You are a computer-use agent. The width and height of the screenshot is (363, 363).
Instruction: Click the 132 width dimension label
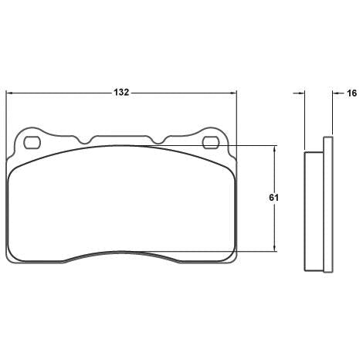(121, 93)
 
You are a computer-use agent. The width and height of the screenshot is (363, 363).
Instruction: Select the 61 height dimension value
(273, 198)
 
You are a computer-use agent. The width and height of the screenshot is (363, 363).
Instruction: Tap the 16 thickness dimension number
(351, 93)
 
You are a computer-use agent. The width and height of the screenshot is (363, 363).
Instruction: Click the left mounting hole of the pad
(32, 143)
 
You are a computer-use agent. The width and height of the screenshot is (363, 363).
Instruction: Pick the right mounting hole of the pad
(211, 143)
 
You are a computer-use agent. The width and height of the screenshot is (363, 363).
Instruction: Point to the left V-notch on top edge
(84, 141)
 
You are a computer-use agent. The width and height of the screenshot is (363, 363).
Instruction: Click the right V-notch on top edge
(158, 141)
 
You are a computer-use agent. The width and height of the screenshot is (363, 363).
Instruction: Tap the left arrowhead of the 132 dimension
(9, 93)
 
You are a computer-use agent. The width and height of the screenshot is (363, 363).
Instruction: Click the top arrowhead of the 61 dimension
(275, 148)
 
